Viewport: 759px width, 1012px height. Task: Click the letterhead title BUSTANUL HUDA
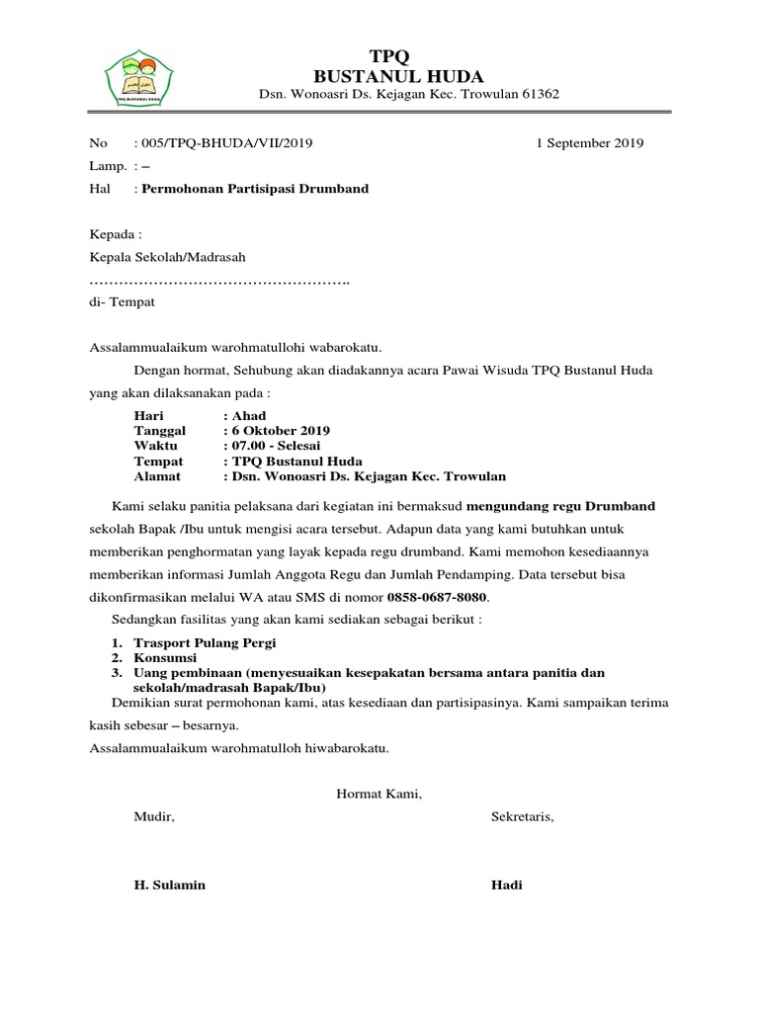[x=398, y=75]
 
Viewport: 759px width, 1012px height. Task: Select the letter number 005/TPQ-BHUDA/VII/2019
[x=227, y=143]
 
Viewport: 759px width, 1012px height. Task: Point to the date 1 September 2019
[x=589, y=143]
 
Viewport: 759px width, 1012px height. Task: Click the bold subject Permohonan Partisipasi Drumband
[x=256, y=188]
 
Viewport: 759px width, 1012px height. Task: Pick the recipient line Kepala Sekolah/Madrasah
[x=167, y=257]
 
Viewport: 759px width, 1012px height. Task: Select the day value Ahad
[x=248, y=416]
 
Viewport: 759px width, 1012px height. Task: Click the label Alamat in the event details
[x=157, y=476]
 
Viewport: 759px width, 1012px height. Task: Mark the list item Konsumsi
[x=165, y=658]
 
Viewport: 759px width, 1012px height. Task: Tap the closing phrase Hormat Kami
[x=379, y=794]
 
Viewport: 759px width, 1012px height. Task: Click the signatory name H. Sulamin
[x=170, y=885]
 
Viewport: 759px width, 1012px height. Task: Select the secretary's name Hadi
[x=507, y=885]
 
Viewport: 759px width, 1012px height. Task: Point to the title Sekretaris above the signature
[x=523, y=817]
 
